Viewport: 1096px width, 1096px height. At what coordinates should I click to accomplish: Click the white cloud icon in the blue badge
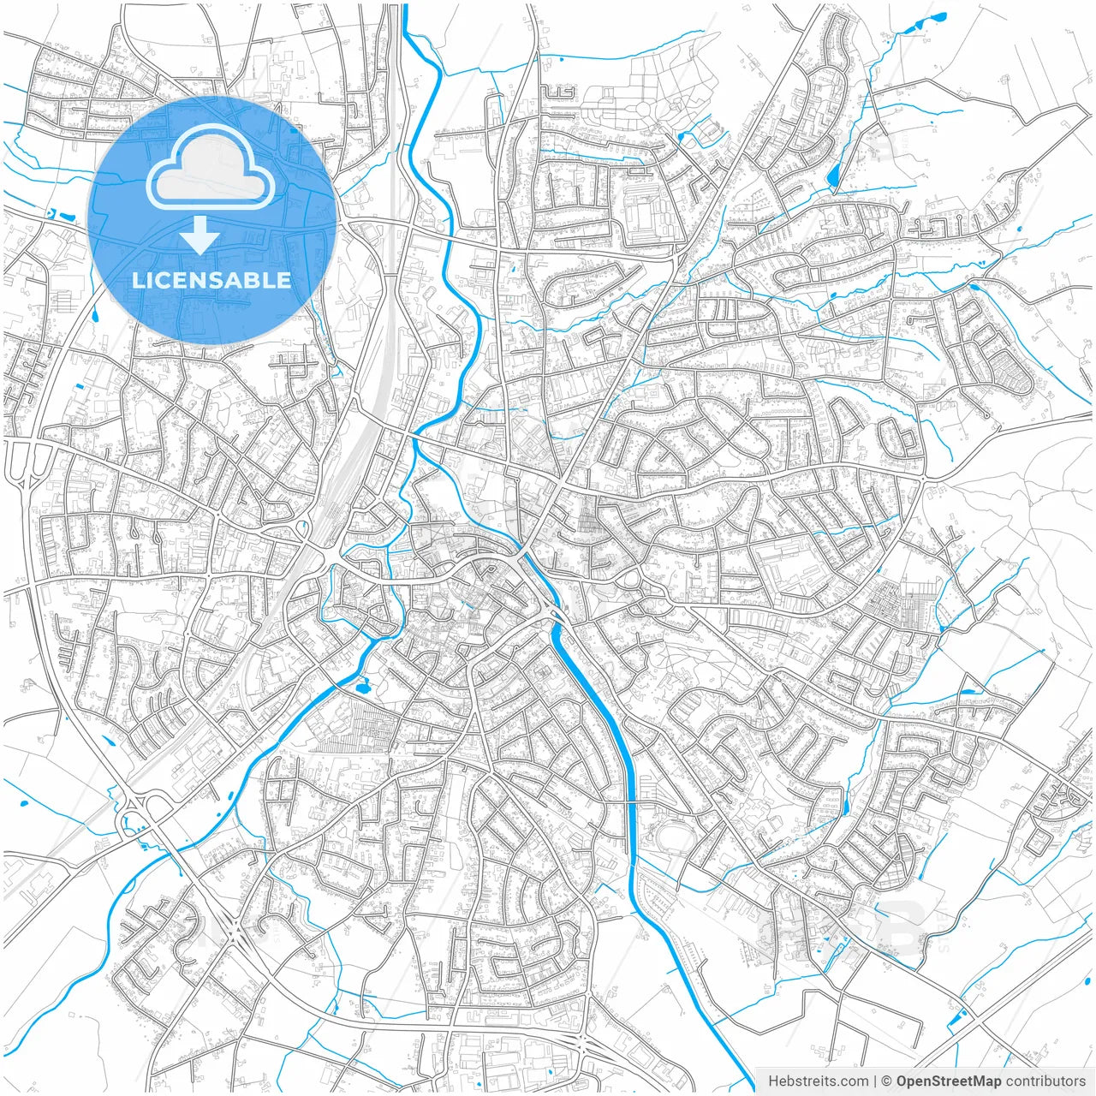point(211,167)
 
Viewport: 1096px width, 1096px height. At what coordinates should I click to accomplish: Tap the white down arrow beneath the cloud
point(200,235)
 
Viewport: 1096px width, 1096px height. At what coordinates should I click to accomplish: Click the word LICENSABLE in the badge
point(211,280)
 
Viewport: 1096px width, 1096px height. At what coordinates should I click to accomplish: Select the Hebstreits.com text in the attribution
point(819,1081)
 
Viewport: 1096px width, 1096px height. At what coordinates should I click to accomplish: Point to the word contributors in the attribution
point(1046,1081)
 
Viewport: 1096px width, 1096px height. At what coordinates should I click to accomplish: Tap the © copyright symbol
point(887,1081)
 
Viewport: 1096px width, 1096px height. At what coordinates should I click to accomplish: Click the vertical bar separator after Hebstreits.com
point(875,1081)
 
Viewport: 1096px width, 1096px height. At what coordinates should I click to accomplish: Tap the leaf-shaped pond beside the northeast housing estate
point(833,176)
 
